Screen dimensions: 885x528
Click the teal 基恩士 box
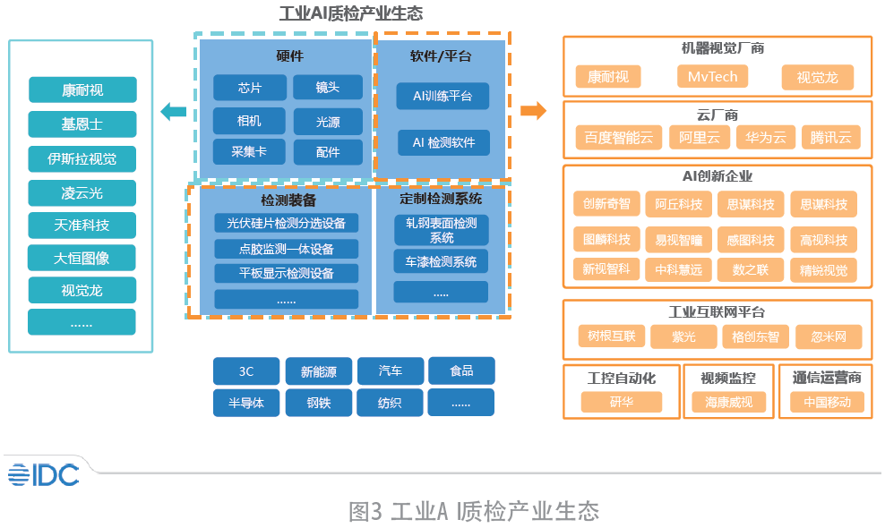click(x=82, y=124)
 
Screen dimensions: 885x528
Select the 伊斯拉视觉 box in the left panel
click(x=82, y=159)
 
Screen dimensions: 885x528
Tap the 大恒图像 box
click(x=82, y=258)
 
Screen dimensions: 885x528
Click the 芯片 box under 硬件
click(x=250, y=88)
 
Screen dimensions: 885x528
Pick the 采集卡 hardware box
click(x=250, y=152)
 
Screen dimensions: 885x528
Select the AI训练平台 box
click(x=442, y=96)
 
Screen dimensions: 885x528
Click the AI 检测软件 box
click(x=443, y=142)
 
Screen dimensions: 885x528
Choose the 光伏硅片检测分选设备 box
click(x=286, y=224)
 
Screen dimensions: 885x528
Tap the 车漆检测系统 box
click(x=441, y=261)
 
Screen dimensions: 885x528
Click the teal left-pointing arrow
click(x=173, y=112)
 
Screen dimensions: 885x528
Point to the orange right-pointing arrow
click(x=533, y=111)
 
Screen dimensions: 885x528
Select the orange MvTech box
click(x=713, y=77)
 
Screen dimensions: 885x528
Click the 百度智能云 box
click(x=619, y=138)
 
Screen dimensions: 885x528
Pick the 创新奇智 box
click(x=606, y=204)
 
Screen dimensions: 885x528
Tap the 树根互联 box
click(x=612, y=336)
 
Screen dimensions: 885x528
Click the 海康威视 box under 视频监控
click(x=728, y=402)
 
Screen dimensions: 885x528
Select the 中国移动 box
click(x=827, y=402)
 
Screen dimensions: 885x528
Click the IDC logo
click(x=44, y=475)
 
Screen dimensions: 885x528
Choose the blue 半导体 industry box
click(x=246, y=403)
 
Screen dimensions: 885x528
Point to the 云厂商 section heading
click(x=717, y=115)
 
